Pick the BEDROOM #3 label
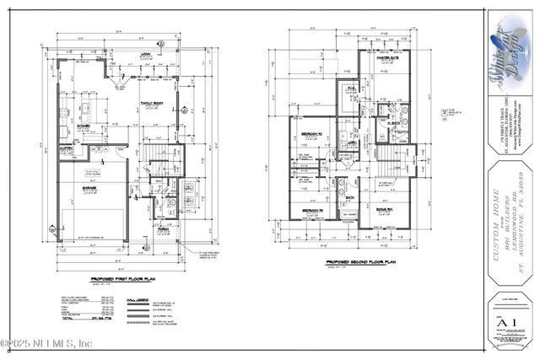click(x=314, y=208)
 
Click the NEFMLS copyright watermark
click(x=46, y=344)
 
